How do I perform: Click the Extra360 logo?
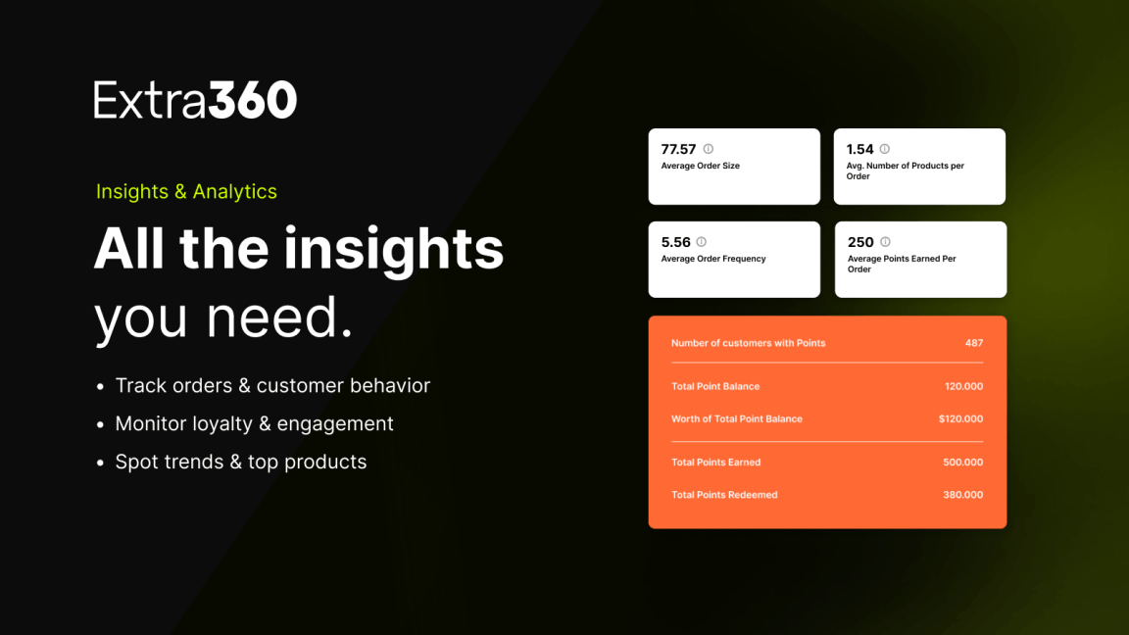coord(195,99)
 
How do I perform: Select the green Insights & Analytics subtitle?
coord(186,191)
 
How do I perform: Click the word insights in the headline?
coord(394,249)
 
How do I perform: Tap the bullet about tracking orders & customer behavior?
coord(272,385)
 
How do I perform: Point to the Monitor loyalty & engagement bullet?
coord(254,423)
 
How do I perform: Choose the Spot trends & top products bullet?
coord(240,462)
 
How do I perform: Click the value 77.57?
coord(678,149)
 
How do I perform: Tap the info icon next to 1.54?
coord(885,149)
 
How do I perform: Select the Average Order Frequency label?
coord(713,259)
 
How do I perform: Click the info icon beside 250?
coord(886,242)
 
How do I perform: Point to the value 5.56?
coord(675,242)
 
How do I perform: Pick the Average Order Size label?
coord(701,166)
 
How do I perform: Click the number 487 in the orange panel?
coord(974,343)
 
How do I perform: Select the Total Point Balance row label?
coord(715,386)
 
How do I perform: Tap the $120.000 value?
coord(960,418)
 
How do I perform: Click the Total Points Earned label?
coord(715,463)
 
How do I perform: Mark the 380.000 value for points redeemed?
coord(962,495)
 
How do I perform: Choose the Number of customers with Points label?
coord(748,343)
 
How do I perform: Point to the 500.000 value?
coord(962,463)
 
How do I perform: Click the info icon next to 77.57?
coord(709,149)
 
